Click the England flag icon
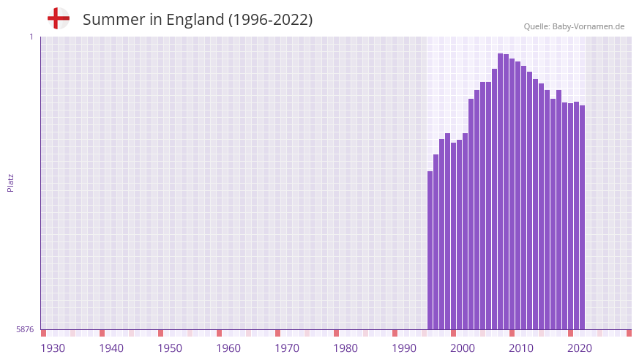pyautogui.click(x=58, y=18)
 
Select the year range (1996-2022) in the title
pyautogui.click(x=271, y=20)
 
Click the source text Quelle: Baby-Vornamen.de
pyautogui.click(x=574, y=26)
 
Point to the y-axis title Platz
pyautogui.click(x=10, y=183)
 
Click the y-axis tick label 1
pyautogui.click(x=31, y=37)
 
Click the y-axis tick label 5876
pyautogui.click(x=25, y=330)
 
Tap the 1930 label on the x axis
pyautogui.click(x=53, y=348)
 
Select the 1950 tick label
pyautogui.click(x=170, y=348)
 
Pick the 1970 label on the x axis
pyautogui.click(x=287, y=348)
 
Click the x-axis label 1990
pyautogui.click(x=404, y=348)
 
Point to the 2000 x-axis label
pyautogui.click(x=463, y=348)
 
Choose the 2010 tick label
pyautogui.click(x=521, y=348)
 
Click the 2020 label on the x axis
pyautogui.click(x=580, y=348)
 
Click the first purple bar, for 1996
pyautogui.click(x=430, y=250)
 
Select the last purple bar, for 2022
pyautogui.click(x=583, y=217)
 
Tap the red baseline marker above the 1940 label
pyautogui.click(x=102, y=333)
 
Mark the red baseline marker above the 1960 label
pyautogui.click(x=219, y=333)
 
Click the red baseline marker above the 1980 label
pyautogui.click(x=336, y=333)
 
